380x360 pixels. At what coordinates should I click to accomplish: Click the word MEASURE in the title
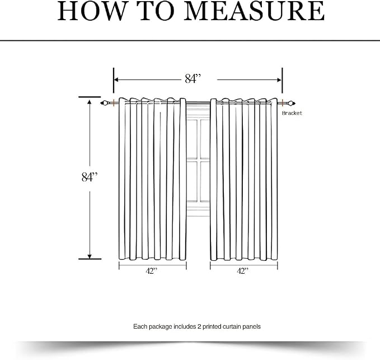point(254,11)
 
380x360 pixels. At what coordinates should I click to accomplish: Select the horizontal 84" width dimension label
point(193,78)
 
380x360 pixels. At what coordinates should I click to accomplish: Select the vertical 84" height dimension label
point(90,177)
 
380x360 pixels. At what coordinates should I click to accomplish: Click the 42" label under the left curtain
point(152,271)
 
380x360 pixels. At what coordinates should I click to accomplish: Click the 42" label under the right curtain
point(243,271)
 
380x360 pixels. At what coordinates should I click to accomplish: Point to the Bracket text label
point(292,113)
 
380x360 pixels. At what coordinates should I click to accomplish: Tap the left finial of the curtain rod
point(104,103)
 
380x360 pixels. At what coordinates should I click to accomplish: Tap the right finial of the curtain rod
point(292,104)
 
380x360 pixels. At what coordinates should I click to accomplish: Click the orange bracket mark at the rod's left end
point(114,103)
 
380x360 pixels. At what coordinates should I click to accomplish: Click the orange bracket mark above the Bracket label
point(283,103)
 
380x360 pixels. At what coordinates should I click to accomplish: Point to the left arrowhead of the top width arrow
point(116,80)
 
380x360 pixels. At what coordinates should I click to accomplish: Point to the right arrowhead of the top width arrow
point(279,80)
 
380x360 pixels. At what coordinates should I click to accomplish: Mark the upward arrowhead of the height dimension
point(90,102)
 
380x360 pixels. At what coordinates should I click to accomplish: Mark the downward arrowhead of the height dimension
point(90,256)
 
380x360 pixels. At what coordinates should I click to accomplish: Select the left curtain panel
point(152,179)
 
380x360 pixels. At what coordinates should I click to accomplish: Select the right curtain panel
point(244,179)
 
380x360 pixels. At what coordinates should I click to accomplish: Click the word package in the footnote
point(160,326)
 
